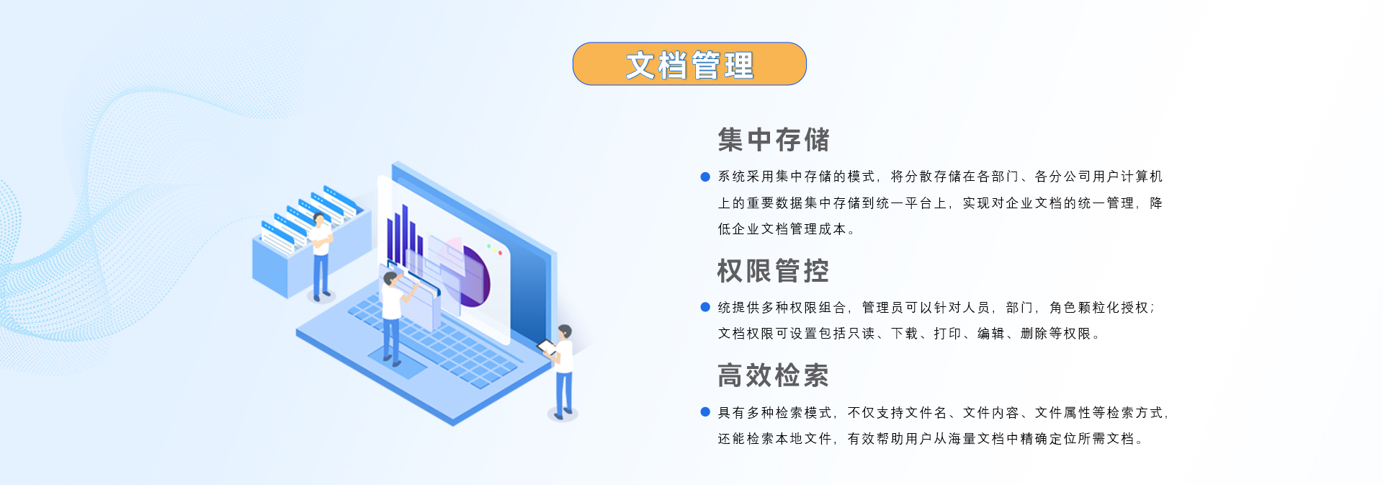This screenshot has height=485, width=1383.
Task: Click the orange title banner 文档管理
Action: (689, 64)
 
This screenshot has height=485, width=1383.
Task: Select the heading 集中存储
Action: (774, 140)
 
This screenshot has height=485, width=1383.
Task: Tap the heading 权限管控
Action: (774, 271)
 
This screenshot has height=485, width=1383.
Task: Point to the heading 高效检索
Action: (774, 375)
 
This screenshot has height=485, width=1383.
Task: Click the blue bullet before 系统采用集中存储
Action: (705, 177)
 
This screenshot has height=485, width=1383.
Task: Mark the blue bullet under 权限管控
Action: (705, 307)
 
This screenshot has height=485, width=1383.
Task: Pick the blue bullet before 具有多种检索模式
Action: (705, 412)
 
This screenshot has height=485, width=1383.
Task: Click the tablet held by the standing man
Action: (547, 348)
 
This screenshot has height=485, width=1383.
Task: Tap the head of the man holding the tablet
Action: (565, 332)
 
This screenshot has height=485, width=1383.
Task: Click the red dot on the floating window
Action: (501, 253)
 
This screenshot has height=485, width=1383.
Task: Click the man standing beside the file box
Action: (321, 256)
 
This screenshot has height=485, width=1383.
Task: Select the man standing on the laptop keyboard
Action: (393, 317)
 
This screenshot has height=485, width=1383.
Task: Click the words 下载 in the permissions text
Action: (905, 334)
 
